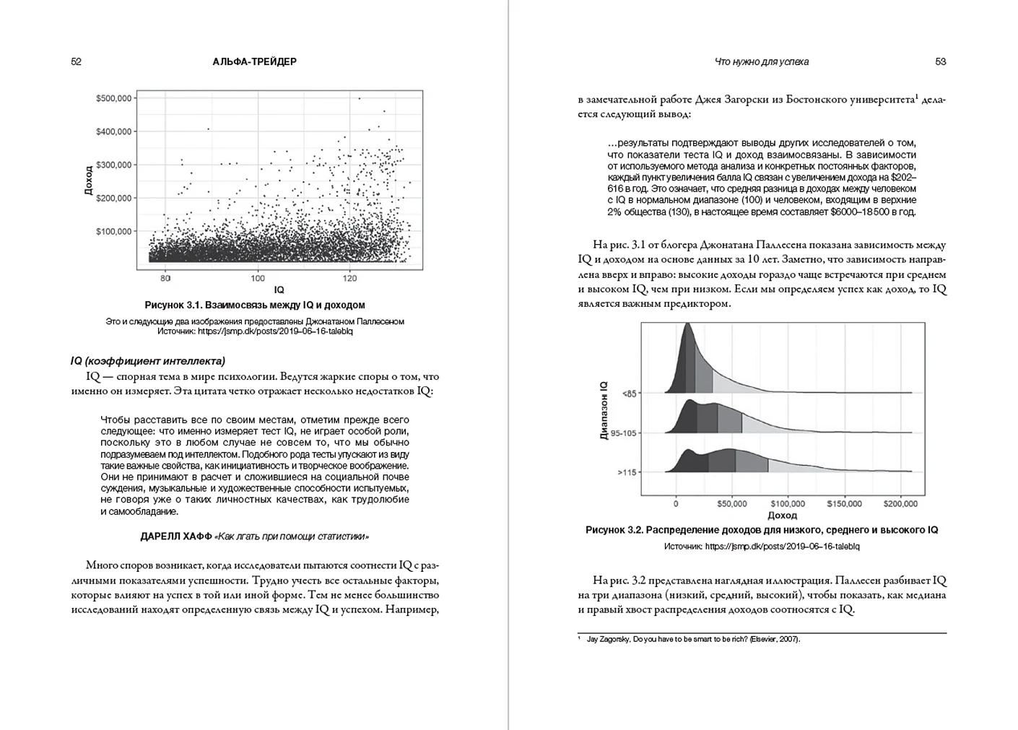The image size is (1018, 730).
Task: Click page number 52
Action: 77,62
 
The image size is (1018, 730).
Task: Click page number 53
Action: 940,62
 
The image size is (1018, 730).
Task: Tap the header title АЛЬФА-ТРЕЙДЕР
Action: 254,62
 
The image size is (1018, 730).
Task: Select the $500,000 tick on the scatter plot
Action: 113,98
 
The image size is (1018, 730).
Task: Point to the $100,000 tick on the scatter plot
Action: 113,232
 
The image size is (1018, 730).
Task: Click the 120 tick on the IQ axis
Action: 349,278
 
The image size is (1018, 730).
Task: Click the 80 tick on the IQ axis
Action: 165,278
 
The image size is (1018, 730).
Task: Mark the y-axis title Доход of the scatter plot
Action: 88,181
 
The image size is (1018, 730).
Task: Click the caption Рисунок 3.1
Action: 254,305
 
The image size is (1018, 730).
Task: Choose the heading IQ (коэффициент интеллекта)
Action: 148,361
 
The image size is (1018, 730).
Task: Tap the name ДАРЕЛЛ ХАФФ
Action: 176,536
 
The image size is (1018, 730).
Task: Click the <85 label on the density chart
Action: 629,394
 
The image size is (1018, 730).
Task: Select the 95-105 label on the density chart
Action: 624,433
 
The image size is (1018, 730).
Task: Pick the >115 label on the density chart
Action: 627,472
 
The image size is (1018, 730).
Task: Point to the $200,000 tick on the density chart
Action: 900,504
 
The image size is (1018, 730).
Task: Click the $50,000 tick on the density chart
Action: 731,504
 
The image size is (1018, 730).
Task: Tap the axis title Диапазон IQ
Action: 604,411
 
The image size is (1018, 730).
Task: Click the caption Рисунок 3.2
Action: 762,530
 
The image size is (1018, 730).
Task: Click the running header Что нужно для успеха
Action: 761,62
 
